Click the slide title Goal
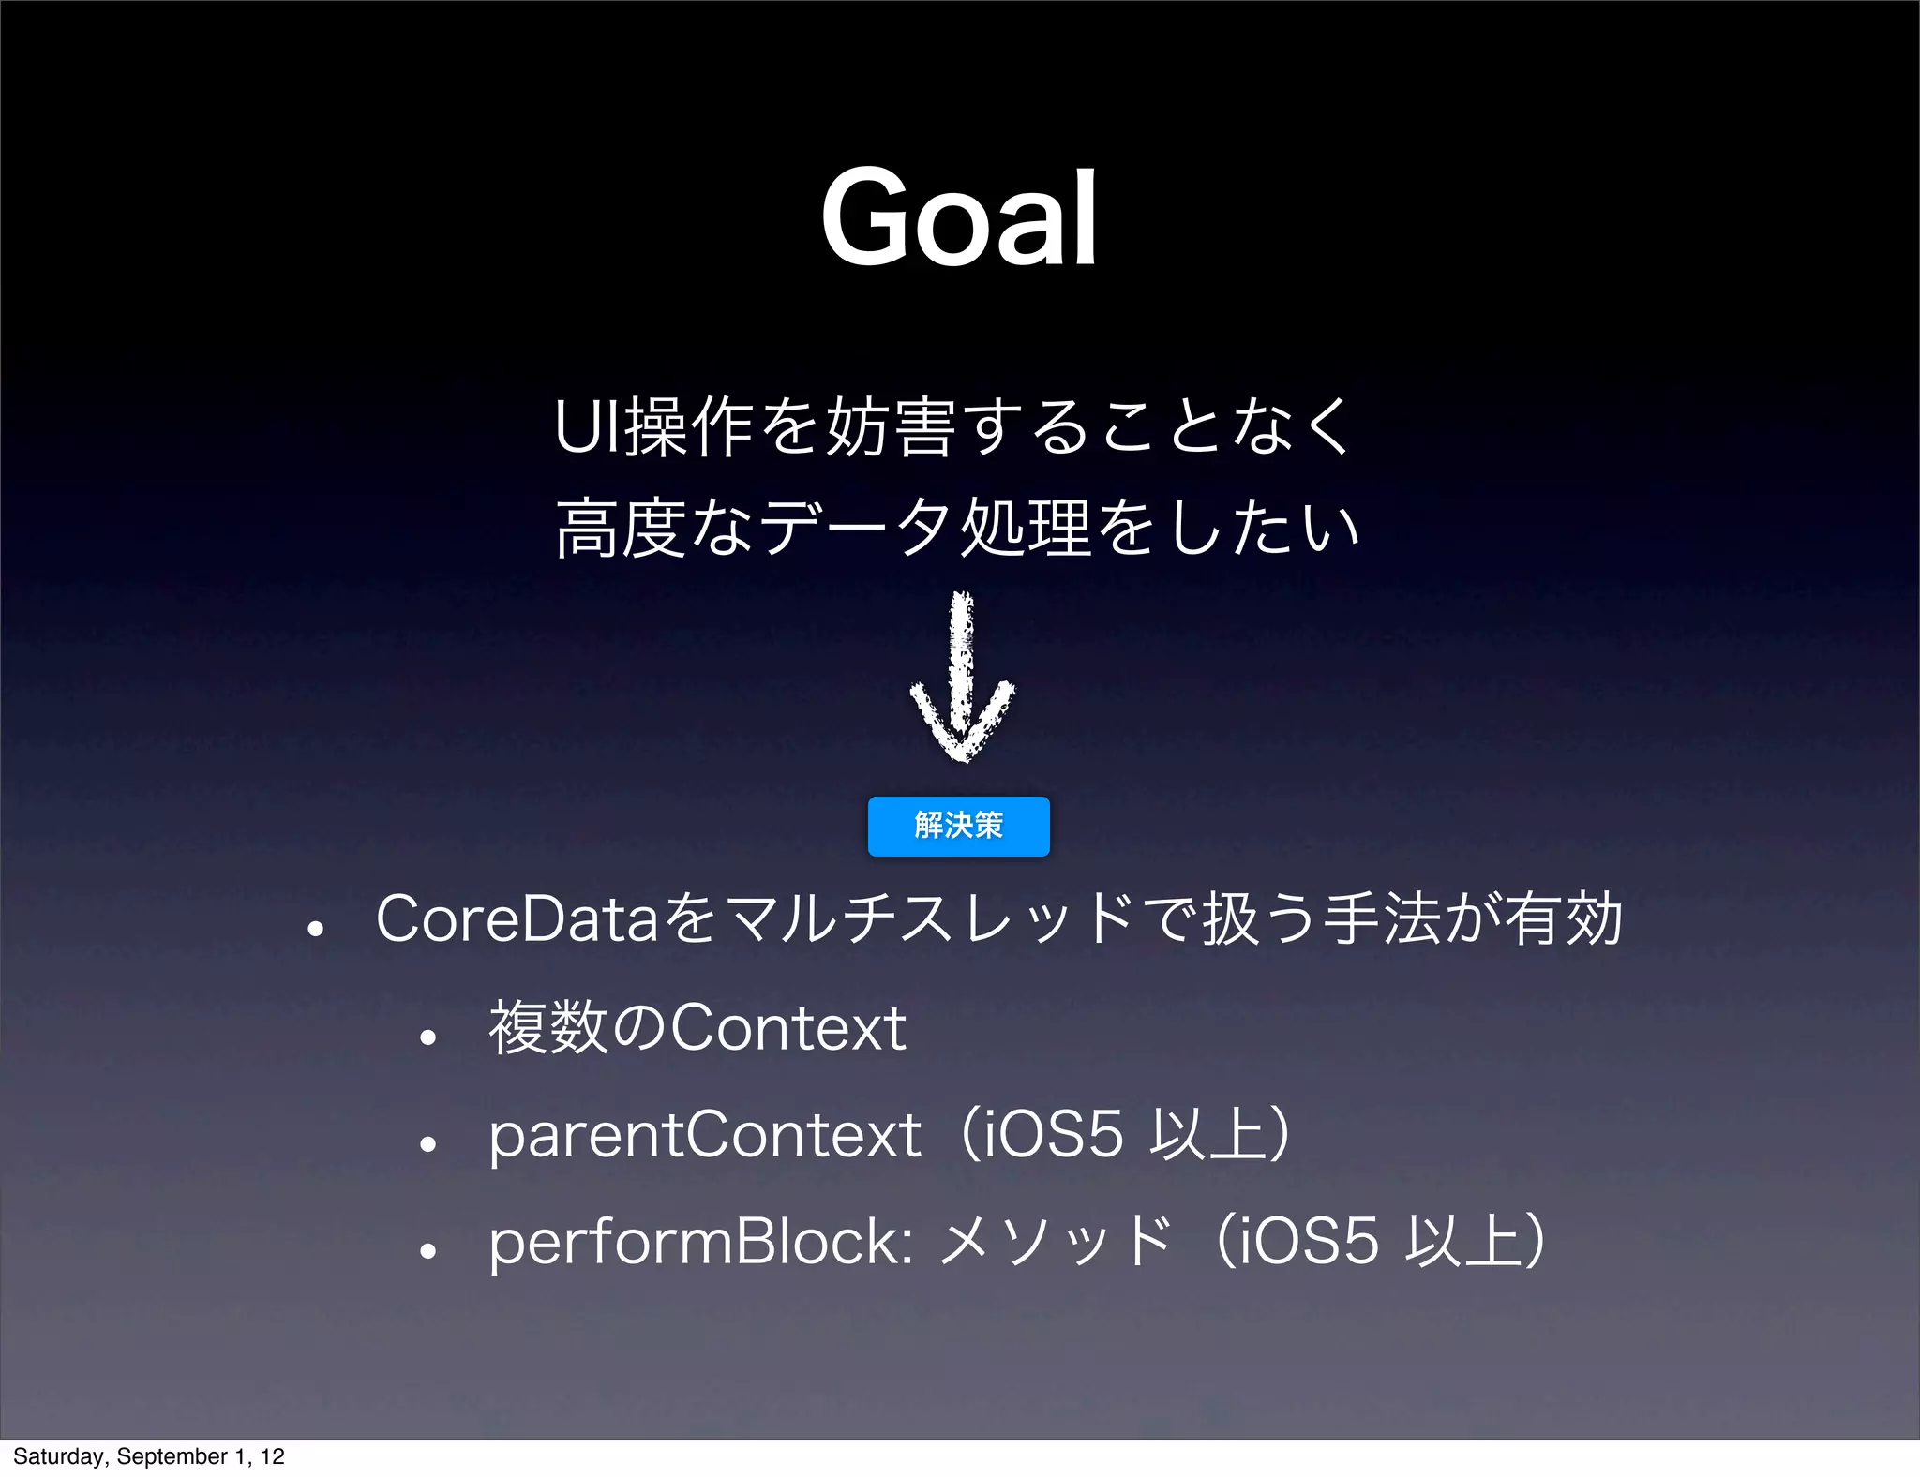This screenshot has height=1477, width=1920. (959, 218)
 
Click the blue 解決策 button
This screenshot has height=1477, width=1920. (958, 826)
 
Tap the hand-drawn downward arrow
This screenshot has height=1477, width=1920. (962, 679)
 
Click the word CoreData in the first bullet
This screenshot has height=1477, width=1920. (517, 918)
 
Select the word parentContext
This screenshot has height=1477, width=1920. (705, 1135)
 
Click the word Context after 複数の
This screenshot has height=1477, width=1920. (788, 1028)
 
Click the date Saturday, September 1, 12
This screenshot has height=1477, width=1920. (148, 1455)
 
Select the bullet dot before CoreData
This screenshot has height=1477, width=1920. (316, 929)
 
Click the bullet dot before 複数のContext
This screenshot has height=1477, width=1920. (428, 1037)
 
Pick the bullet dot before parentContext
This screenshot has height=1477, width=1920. (428, 1144)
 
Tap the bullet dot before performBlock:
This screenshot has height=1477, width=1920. (428, 1251)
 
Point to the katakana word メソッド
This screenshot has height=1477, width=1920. (1055, 1242)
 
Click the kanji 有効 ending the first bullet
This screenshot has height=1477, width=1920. (1564, 918)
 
